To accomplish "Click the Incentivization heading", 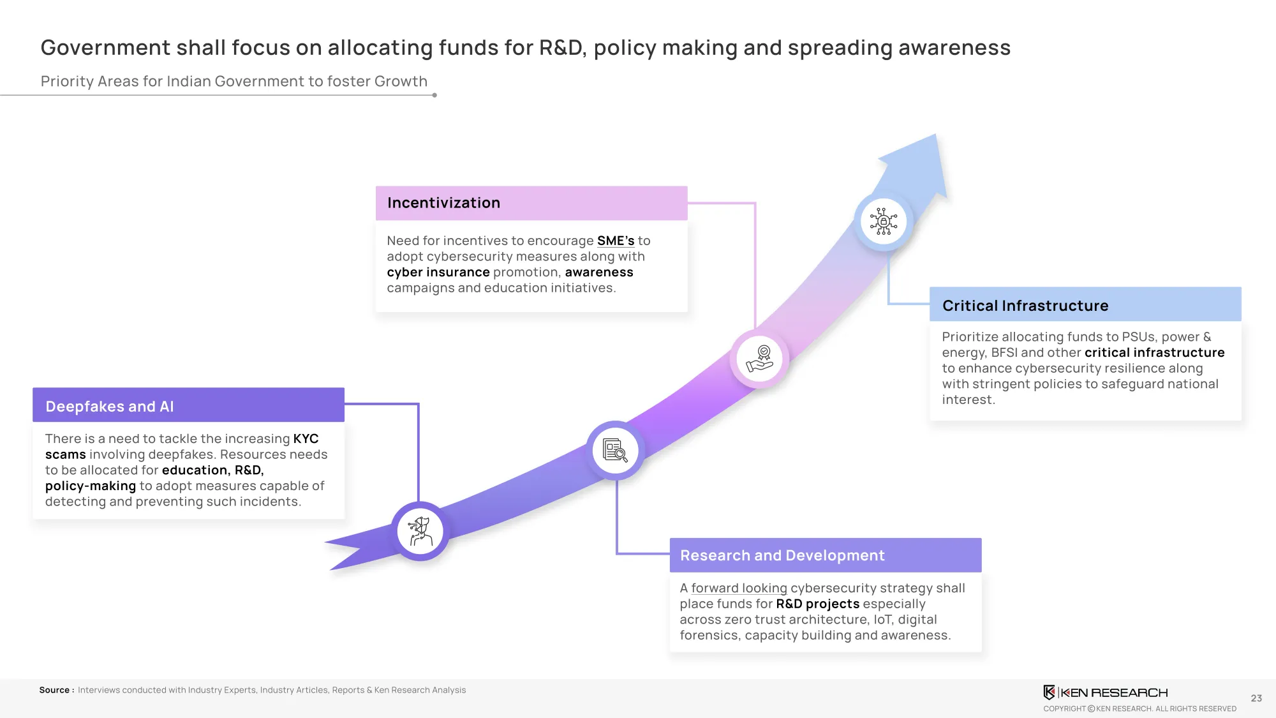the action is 443,203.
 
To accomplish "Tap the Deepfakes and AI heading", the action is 110,407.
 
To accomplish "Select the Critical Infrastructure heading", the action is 1025,306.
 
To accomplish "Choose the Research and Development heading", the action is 782,555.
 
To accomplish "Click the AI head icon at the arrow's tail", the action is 420,531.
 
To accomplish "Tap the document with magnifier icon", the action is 615,450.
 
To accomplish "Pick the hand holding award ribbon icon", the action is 759,359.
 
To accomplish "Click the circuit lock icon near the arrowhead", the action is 884,221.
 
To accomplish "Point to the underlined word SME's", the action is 616,241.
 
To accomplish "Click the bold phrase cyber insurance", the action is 438,272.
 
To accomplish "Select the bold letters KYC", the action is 306,438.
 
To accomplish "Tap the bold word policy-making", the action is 91,486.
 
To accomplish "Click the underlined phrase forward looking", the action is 739,588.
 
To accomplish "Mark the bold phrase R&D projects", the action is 818,604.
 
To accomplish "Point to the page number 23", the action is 1256,698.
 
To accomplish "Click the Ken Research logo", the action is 1105,692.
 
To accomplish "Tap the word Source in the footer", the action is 54,690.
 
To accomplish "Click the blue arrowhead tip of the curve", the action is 935,135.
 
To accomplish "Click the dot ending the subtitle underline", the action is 434,95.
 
